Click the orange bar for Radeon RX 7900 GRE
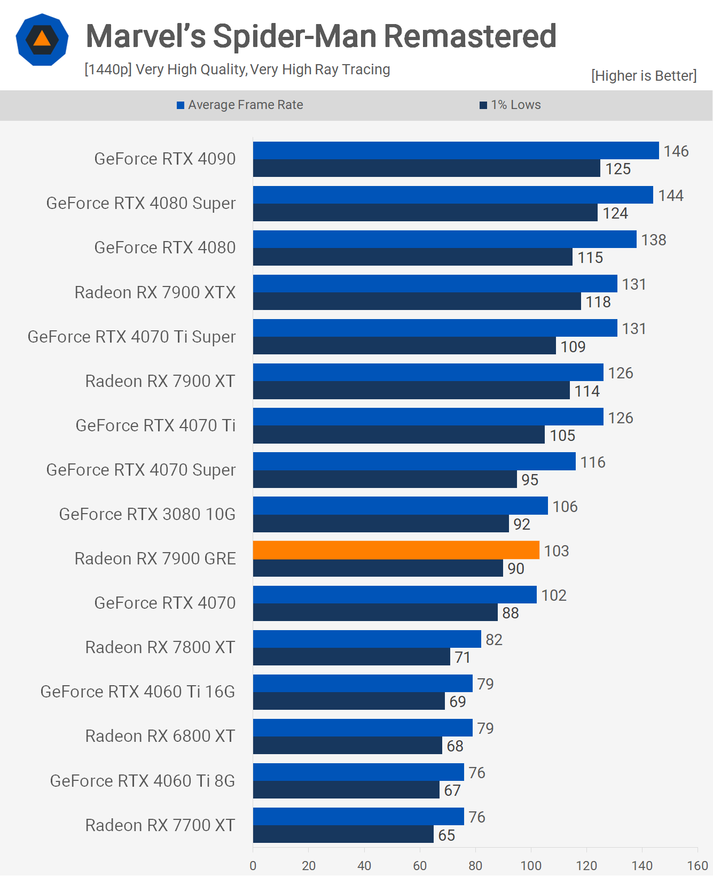[396, 550]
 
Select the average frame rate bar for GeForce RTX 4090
[456, 151]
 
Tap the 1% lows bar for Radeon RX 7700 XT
[343, 834]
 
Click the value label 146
[676, 151]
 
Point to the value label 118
[598, 302]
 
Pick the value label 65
[446, 835]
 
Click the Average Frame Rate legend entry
[240, 105]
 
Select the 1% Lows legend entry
[511, 105]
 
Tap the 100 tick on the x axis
[531, 865]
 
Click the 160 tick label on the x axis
[697, 865]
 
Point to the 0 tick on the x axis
[253, 865]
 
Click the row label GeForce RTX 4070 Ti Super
[131, 337]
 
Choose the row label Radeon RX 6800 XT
[160, 736]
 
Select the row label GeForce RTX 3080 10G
[147, 514]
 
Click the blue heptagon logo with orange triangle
[42, 40]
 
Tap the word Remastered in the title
[470, 36]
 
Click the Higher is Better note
[644, 76]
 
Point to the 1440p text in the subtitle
[108, 69]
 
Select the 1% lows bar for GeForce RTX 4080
[412, 257]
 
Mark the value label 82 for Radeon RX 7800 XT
[493, 640]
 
